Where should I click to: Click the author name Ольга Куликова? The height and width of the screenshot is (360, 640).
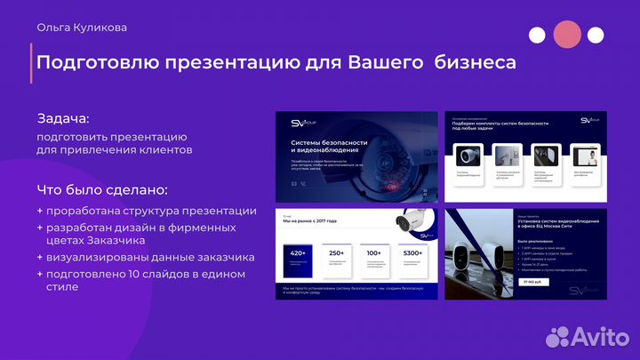(x=82, y=28)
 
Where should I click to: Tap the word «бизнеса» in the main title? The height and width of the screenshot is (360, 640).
(x=468, y=63)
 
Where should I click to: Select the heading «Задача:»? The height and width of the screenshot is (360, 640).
(x=63, y=118)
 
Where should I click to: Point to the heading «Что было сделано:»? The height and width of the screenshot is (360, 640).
(x=102, y=190)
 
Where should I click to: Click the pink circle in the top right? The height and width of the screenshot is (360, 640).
(x=566, y=35)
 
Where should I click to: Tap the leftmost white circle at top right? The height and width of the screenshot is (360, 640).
(x=537, y=36)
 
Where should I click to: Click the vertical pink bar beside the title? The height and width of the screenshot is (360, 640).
(x=32, y=64)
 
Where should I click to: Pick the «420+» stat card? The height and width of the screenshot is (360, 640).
(x=298, y=254)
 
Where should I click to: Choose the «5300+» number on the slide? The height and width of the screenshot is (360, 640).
(x=413, y=254)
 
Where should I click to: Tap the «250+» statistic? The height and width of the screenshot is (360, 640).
(x=336, y=254)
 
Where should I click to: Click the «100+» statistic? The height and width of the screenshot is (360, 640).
(x=374, y=254)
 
